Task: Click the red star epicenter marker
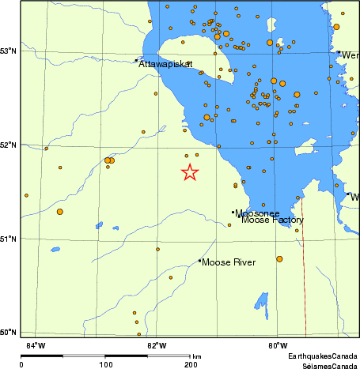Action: pyautogui.click(x=190, y=172)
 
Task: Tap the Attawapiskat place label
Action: pyautogui.click(x=166, y=64)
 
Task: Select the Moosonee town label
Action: pyautogui.click(x=256, y=213)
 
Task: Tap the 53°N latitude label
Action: pyautogui.click(x=9, y=51)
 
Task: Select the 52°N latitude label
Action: pyautogui.click(x=9, y=145)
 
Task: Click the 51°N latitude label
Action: pyautogui.click(x=9, y=239)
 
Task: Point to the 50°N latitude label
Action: pyautogui.click(x=9, y=332)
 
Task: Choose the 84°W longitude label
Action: pyautogui.click(x=36, y=345)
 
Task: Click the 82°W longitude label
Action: pyautogui.click(x=157, y=345)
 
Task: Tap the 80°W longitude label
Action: pyautogui.click(x=277, y=345)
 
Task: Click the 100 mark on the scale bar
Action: pyautogui.click(x=105, y=364)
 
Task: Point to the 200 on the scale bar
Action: pyautogui.click(x=190, y=364)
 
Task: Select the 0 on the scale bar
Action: pyautogui.click(x=21, y=364)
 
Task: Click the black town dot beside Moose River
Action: pyautogui.click(x=199, y=261)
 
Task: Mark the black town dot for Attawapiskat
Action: pyautogui.click(x=136, y=59)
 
